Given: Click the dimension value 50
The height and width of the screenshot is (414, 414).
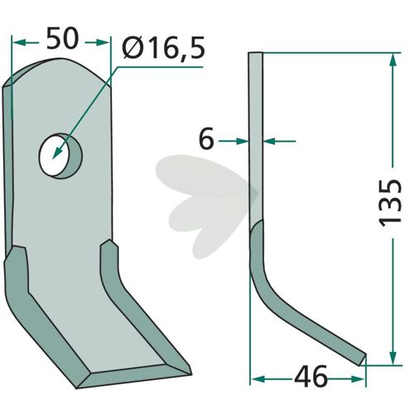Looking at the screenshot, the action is [63, 39].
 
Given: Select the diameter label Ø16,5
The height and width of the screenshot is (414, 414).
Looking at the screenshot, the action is [164, 48].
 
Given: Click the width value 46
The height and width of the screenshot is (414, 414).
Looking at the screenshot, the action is [310, 376].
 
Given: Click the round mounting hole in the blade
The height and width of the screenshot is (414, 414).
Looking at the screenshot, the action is [60, 156].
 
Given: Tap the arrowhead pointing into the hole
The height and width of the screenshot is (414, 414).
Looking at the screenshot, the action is [57, 153].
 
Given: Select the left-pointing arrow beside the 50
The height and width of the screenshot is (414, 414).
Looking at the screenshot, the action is [26, 43].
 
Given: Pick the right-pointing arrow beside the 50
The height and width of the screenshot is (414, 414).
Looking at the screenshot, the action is [97, 43].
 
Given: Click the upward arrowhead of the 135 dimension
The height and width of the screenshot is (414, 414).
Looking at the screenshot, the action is [393, 60].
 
